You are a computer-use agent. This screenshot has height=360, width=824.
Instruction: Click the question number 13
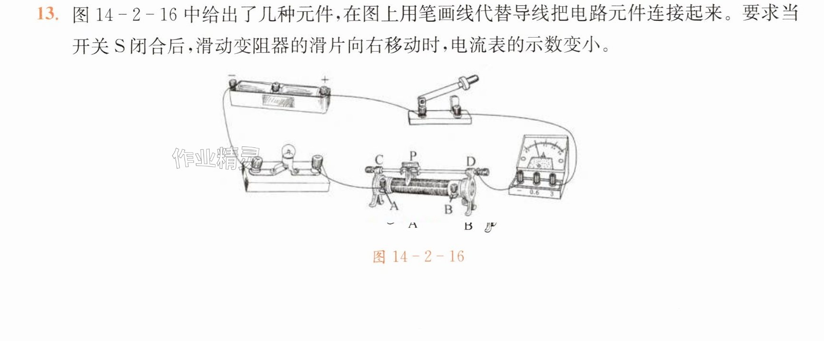48,14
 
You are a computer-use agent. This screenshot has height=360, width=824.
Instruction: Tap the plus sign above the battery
325,79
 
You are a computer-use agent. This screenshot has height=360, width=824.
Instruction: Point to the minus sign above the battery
232,75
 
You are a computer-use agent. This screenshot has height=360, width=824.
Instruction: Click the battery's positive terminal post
324,90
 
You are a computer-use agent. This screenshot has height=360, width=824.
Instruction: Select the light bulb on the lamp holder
288,152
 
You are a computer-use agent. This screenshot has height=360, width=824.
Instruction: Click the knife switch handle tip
473,78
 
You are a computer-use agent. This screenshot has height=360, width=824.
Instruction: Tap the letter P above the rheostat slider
413,156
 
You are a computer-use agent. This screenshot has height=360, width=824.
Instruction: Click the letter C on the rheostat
379,160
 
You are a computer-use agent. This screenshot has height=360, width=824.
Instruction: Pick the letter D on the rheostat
470,162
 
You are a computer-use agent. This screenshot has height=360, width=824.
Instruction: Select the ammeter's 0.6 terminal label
534,193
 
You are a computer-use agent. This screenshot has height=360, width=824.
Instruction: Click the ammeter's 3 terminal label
552,194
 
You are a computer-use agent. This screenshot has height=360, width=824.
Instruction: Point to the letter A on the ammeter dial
543,155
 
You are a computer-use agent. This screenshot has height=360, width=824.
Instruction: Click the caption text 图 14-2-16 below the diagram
418,257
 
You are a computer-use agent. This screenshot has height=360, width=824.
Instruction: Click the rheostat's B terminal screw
454,191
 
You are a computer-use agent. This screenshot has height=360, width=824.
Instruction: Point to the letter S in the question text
120,46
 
